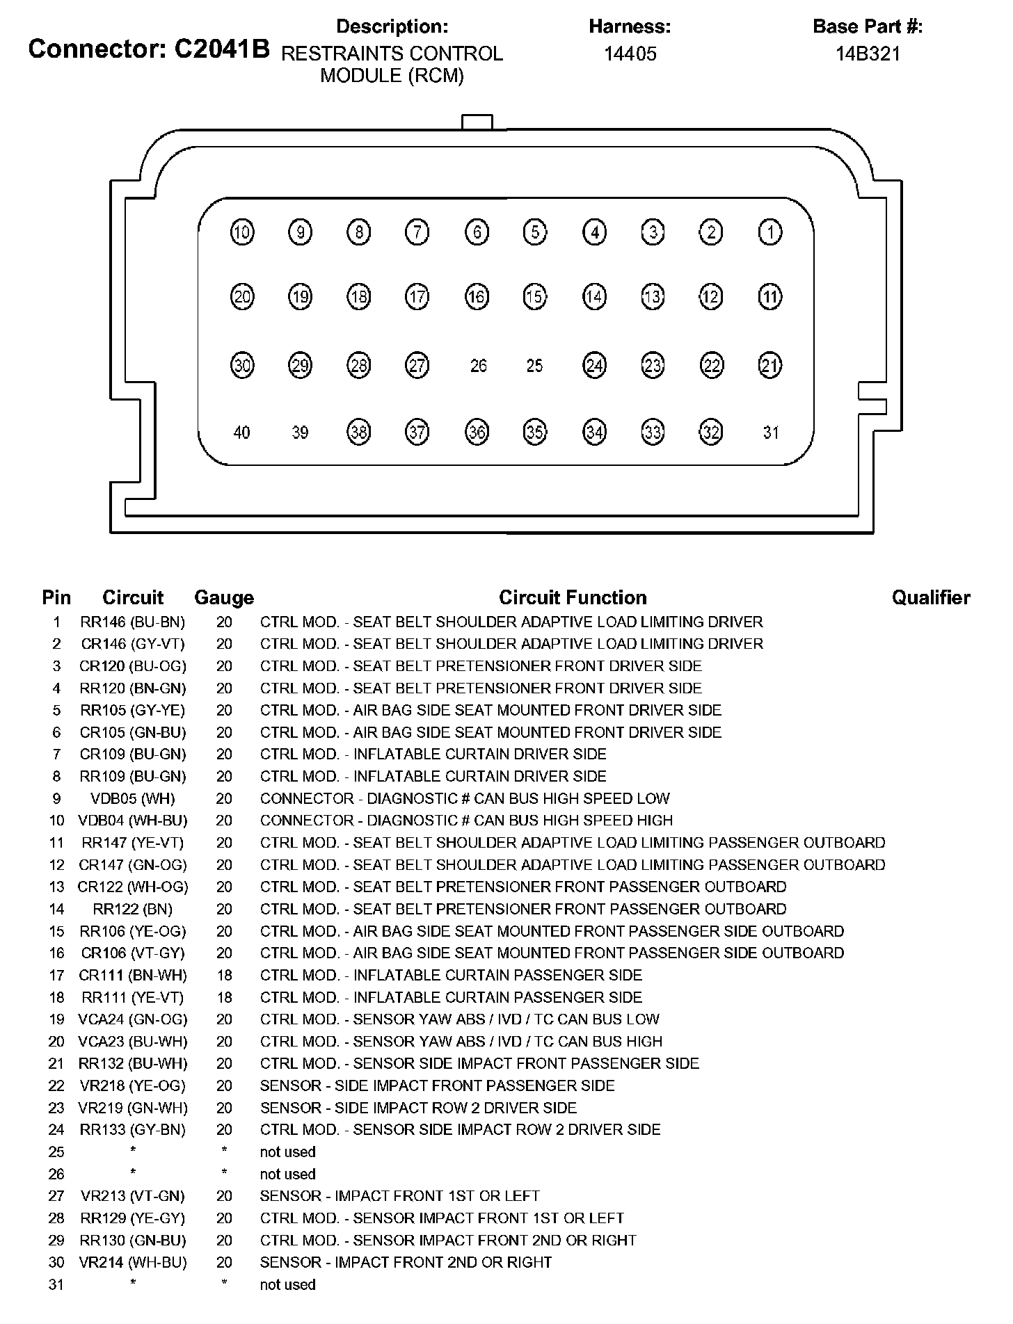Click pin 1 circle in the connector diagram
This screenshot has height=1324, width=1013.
coord(769,232)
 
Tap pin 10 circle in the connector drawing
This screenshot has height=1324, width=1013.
coord(242,232)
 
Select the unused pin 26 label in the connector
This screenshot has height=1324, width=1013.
coord(478,366)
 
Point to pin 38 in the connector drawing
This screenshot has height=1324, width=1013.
coord(358,433)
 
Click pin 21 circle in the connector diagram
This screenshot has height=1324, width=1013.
coord(769,366)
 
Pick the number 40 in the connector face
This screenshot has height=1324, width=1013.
coord(241,433)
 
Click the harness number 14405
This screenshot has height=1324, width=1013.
coord(630,54)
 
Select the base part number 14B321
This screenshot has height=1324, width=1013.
coord(868,54)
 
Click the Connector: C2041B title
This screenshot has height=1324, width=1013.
coord(149,49)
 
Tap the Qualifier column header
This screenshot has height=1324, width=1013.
coord(930,597)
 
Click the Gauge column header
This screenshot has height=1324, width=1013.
coord(224,597)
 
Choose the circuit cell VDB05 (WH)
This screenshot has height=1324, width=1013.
coord(133,798)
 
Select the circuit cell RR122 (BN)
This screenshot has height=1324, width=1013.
coord(133,909)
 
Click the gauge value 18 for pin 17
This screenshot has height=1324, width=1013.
coord(224,975)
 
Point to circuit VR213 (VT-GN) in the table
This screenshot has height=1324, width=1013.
coord(133,1196)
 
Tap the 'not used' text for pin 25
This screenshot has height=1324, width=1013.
coord(287,1152)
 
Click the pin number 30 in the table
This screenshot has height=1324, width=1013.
coord(56,1262)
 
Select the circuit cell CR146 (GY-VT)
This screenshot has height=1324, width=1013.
coord(133,644)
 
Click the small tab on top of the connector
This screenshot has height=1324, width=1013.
coord(477,122)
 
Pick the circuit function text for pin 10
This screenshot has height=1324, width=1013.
coord(466,821)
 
